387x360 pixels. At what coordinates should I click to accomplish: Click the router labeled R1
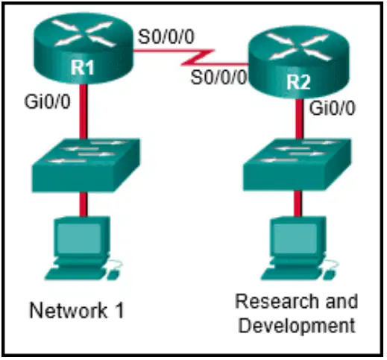tap(84, 48)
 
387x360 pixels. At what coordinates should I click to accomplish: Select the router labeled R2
tap(299, 63)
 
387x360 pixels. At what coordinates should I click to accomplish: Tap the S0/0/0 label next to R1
tap(166, 37)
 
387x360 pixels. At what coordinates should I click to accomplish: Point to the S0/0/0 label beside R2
tap(218, 77)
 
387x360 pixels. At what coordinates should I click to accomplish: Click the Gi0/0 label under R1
tap(47, 101)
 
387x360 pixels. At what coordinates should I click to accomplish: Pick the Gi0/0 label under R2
tap(332, 108)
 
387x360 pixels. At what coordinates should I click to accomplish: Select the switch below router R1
tap(86, 165)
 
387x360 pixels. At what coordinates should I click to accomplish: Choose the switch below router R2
tap(298, 165)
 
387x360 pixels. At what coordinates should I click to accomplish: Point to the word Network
tap(69, 311)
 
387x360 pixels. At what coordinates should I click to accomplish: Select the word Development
tap(297, 326)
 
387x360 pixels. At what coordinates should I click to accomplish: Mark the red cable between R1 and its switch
tap(84, 111)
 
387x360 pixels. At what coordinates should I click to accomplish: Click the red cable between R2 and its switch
tap(299, 119)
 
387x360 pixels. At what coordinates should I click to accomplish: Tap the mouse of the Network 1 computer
tap(114, 274)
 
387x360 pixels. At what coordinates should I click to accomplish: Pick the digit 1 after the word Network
tap(119, 311)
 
